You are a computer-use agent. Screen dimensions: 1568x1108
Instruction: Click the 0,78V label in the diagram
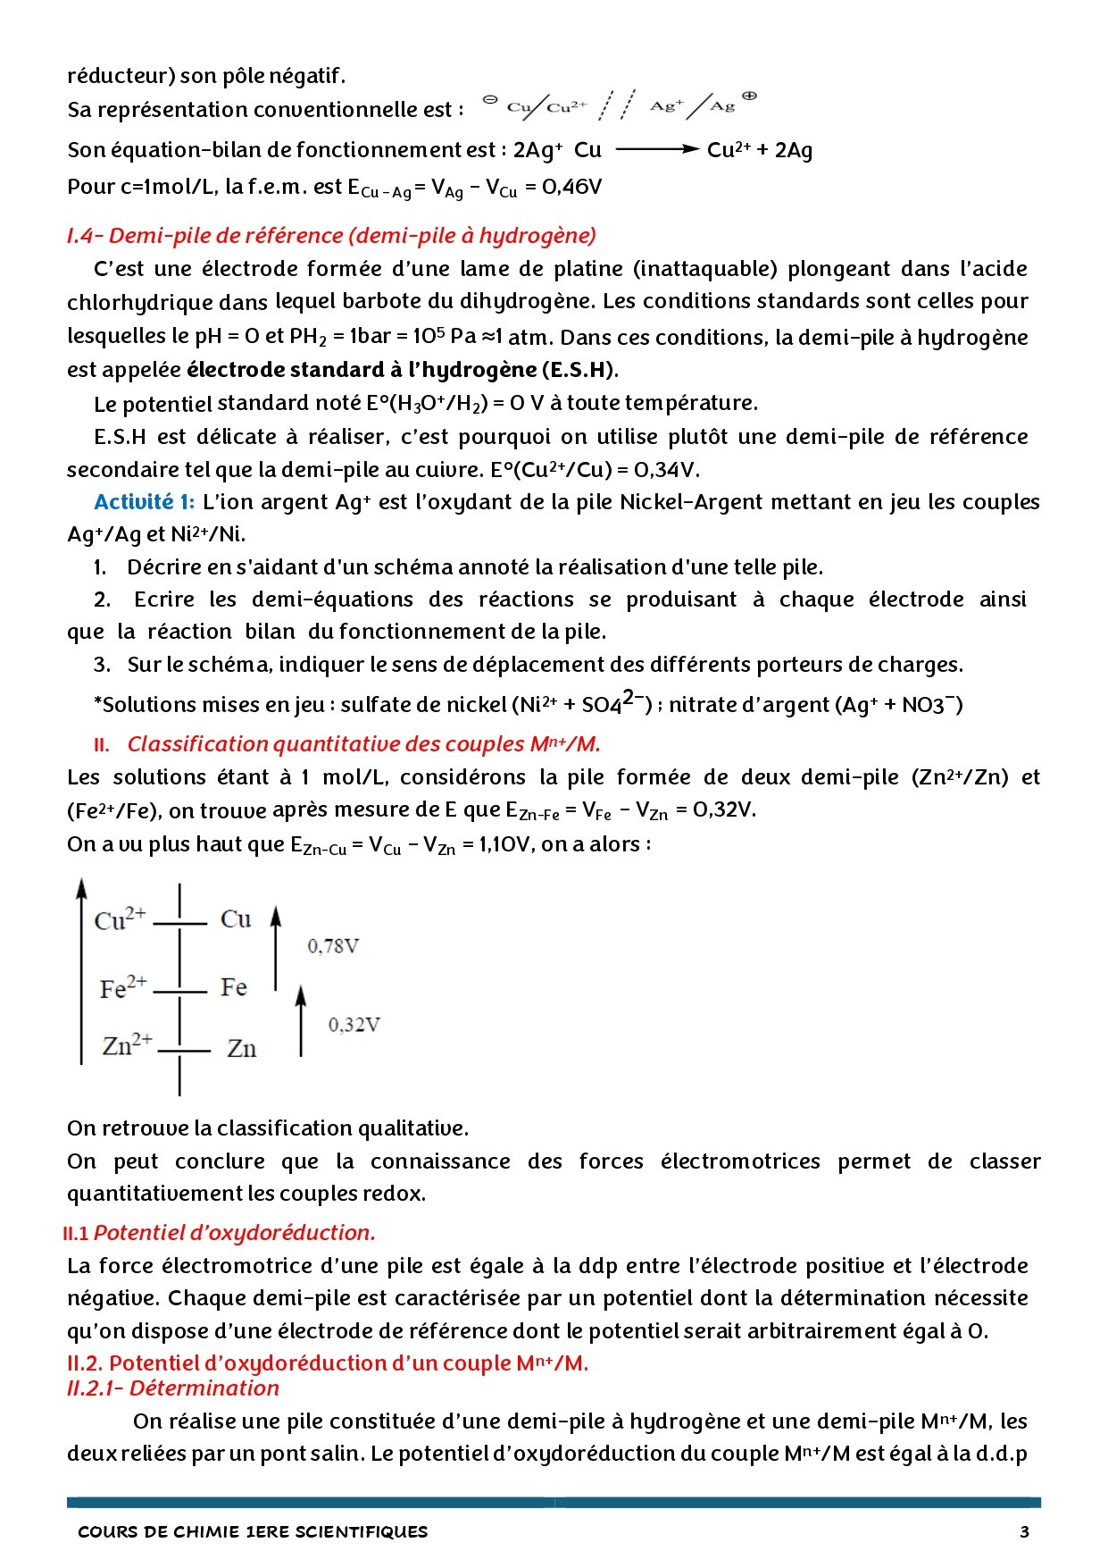(333, 946)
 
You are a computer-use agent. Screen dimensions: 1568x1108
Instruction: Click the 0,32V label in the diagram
(354, 1025)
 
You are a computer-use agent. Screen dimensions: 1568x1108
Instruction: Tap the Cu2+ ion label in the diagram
(120, 919)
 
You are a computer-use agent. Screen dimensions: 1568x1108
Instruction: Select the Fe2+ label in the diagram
(123, 988)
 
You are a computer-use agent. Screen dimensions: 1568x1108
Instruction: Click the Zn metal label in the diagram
(241, 1048)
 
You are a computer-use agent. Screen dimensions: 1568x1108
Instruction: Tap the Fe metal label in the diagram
(234, 987)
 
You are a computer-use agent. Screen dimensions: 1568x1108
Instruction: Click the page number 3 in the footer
(1024, 1531)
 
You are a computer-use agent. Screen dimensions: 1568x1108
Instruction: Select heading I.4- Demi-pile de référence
(331, 236)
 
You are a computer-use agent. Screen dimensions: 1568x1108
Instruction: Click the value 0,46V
(571, 188)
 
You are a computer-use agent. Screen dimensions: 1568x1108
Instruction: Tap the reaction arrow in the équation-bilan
(657, 150)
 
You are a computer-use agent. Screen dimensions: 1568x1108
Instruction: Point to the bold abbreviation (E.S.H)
(579, 370)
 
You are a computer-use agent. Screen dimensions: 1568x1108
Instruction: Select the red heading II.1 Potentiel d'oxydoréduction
(220, 1233)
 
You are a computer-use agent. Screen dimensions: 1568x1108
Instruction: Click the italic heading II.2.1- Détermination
(173, 1388)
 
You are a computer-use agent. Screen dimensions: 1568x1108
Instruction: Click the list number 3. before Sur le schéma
(102, 665)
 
